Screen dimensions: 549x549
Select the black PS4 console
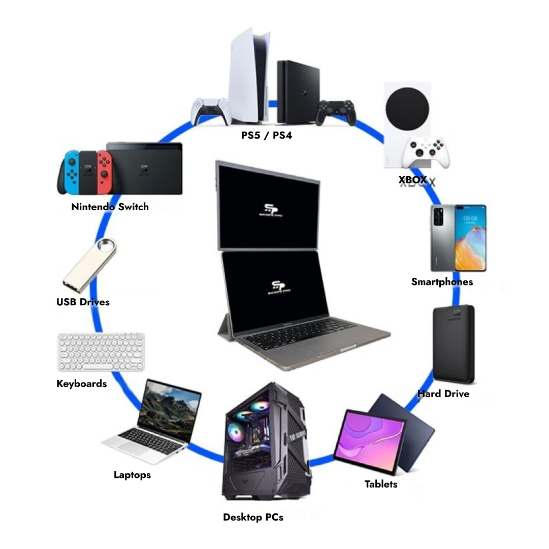tap(298, 91)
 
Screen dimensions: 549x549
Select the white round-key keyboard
tap(101, 351)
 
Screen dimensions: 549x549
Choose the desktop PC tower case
tap(266, 442)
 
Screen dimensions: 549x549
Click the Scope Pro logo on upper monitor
tap(269, 210)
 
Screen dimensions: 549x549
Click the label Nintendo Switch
tap(110, 207)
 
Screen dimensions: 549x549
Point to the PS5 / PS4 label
tap(267, 136)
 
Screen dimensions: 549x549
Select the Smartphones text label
tap(442, 282)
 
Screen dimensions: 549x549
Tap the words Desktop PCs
tap(253, 518)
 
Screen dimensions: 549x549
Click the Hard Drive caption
tap(443, 394)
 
